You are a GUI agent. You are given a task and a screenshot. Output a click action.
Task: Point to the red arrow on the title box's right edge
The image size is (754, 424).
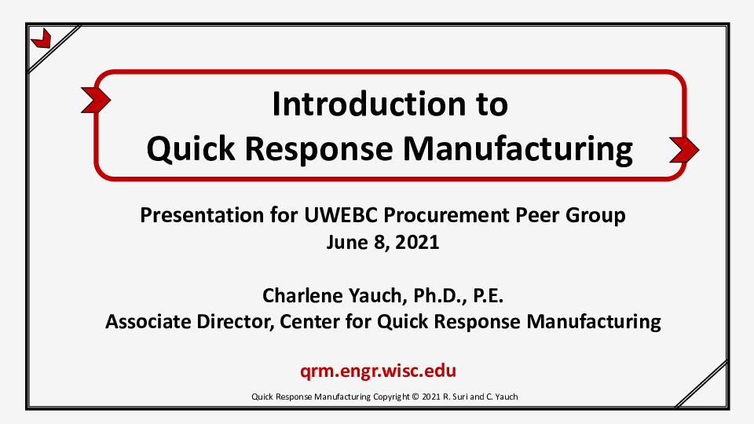click(684, 148)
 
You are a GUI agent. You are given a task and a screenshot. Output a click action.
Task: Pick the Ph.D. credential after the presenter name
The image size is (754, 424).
click(444, 296)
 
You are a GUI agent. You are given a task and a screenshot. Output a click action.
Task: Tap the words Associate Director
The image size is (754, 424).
click(188, 321)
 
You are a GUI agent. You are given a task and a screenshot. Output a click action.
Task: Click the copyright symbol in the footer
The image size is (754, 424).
click(415, 397)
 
